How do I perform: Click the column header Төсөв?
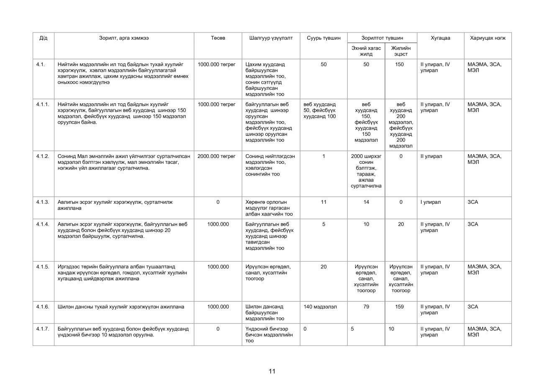218,38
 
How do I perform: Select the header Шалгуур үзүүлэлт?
271,38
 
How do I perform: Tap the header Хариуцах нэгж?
488,38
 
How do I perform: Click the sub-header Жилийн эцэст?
400,51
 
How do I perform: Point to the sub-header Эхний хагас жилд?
366,51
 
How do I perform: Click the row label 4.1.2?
43,156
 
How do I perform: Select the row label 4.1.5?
43,267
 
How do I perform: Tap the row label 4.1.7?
43,329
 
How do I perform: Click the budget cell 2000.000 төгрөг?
216,156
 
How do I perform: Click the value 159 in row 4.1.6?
400,307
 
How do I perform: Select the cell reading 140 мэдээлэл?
320,307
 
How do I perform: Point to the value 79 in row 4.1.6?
366,307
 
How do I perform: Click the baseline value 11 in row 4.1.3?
323,202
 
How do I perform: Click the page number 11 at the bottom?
272,371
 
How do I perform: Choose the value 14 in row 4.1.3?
366,202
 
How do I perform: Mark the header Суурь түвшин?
323,38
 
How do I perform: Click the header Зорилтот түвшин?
382,38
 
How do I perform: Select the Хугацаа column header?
440,38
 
